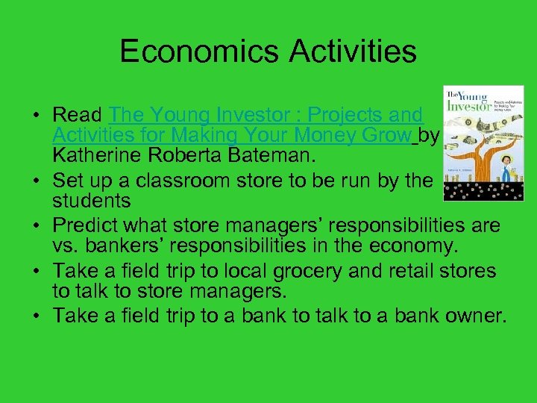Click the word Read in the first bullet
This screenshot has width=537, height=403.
pos(77,116)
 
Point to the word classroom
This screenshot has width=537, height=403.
pos(205,181)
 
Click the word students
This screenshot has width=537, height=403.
pos(92,201)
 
